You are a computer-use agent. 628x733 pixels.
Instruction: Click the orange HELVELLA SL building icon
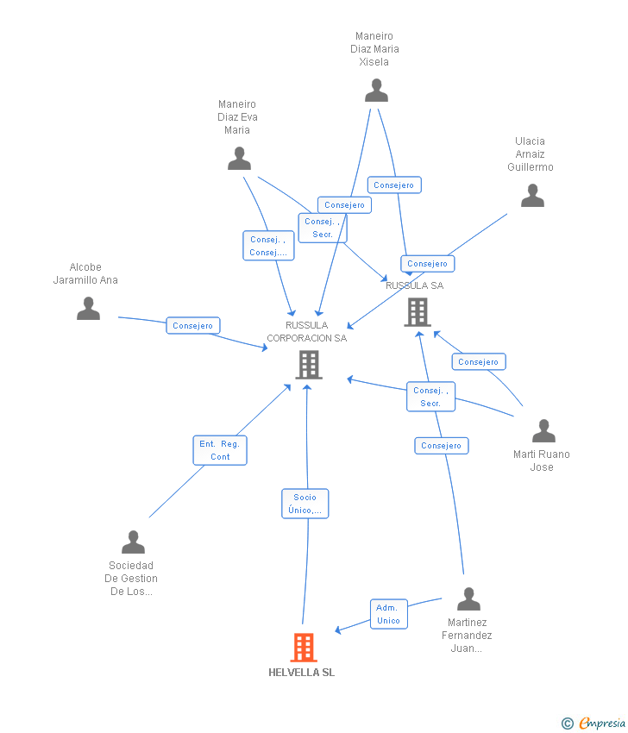click(x=304, y=647)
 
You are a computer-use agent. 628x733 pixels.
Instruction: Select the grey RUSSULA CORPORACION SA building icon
click(x=308, y=365)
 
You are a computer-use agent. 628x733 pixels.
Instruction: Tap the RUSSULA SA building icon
click(x=417, y=312)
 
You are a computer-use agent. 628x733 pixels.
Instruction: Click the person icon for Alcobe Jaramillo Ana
click(x=88, y=308)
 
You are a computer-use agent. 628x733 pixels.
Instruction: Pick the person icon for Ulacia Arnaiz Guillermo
click(x=532, y=196)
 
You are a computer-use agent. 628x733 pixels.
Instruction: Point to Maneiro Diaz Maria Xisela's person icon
click(x=376, y=90)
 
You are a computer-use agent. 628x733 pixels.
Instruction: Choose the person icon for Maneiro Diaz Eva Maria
click(x=239, y=159)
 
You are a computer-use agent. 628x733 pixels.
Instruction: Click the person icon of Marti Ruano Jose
click(x=543, y=430)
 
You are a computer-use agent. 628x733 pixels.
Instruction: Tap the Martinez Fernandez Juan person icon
click(x=468, y=598)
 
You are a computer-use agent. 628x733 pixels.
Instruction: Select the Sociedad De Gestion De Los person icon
click(x=133, y=542)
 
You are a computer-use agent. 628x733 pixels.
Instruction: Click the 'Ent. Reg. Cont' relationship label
click(x=220, y=450)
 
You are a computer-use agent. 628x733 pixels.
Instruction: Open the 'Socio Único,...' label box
click(x=305, y=504)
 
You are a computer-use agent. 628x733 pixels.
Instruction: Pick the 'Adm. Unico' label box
click(x=388, y=614)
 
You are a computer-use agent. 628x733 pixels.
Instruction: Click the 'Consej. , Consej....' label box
click(x=268, y=246)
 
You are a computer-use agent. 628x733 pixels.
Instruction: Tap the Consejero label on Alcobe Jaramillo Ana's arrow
click(x=193, y=326)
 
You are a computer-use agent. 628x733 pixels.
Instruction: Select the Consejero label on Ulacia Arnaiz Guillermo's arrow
click(x=428, y=264)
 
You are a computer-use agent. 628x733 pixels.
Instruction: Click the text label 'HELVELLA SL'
click(x=301, y=673)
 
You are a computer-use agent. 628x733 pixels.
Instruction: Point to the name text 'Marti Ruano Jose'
click(x=542, y=460)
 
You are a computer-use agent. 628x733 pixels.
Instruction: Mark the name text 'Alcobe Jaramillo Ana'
click(x=85, y=273)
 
